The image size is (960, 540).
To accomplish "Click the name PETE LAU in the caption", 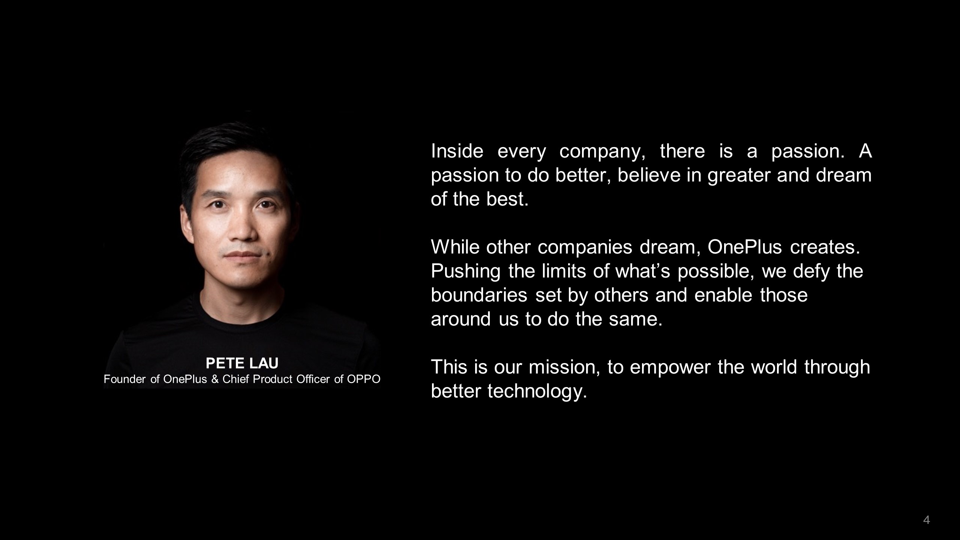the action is [242, 363].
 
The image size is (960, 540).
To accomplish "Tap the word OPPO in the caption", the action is [364, 379].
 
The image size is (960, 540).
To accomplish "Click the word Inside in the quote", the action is [457, 151].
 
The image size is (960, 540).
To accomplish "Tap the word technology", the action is [537, 391].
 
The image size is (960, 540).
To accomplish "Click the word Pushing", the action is [466, 271].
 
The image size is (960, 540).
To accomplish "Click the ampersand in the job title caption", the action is [215, 379].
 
